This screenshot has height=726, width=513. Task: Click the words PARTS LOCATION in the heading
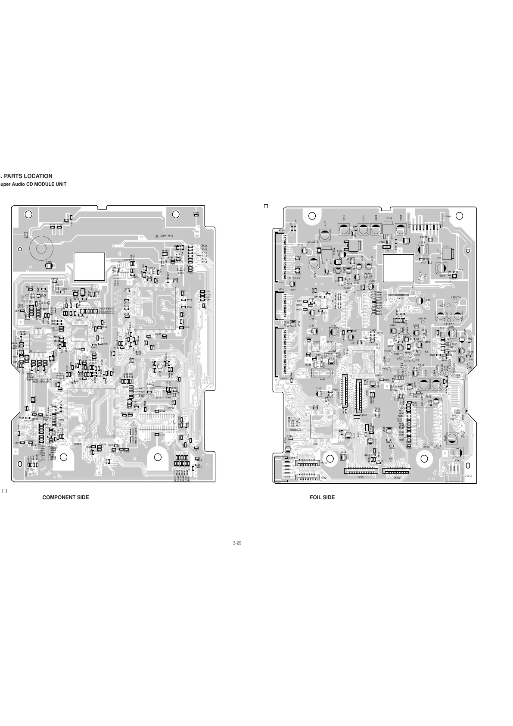[x=28, y=176]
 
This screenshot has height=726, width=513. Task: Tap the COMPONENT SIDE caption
[x=65, y=498]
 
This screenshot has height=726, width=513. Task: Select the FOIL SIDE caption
[x=322, y=498]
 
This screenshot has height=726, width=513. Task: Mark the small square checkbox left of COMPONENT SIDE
[x=4, y=491]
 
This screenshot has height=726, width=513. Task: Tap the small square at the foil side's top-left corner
[x=266, y=207]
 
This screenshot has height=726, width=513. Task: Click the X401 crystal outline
[x=323, y=373]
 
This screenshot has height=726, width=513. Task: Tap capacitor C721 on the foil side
[x=324, y=235]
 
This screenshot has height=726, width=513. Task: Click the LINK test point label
[x=424, y=352]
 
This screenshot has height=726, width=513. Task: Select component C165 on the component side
[x=49, y=264]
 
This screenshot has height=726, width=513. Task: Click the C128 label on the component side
[x=196, y=213]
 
